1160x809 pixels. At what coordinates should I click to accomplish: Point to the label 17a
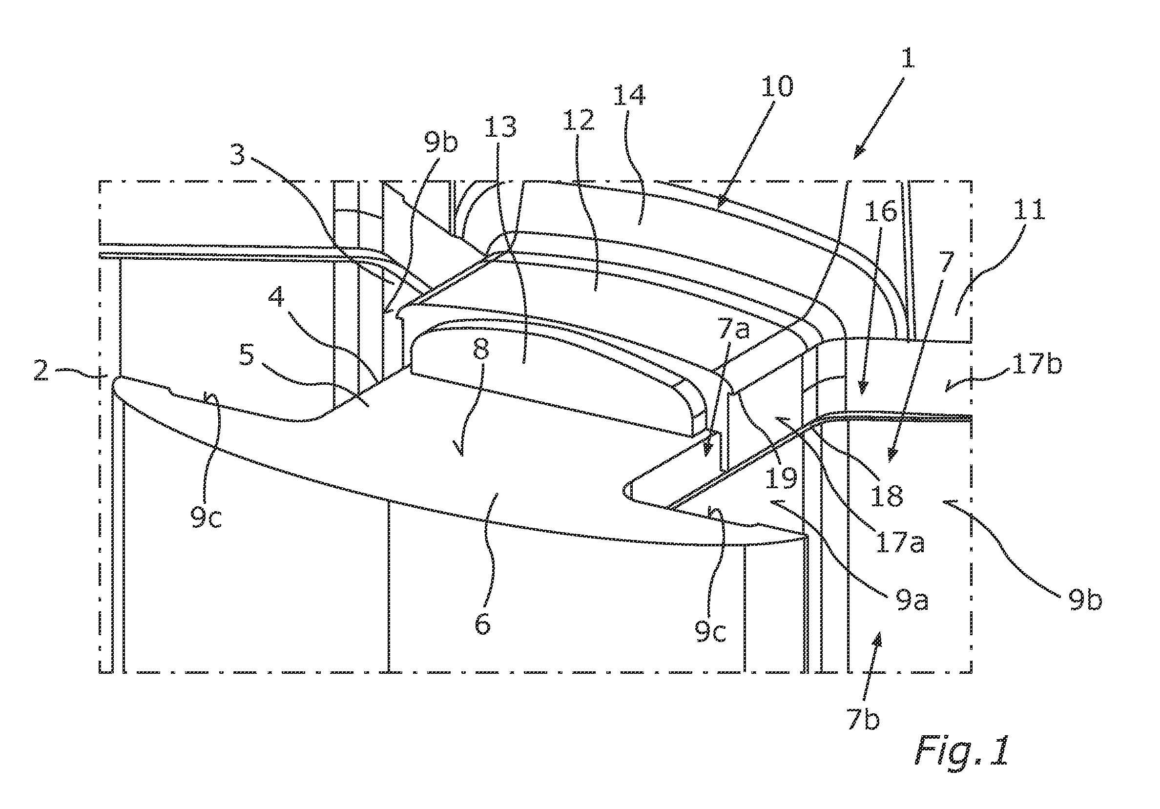[x=899, y=543]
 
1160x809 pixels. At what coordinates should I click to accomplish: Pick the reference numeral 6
[x=482, y=624]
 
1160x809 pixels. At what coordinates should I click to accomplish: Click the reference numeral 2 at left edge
[x=41, y=373]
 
